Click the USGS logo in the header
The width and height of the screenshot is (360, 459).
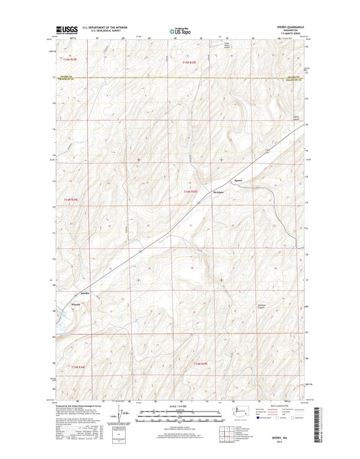[x=62, y=30]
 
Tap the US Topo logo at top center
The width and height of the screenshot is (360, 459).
[x=178, y=30]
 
